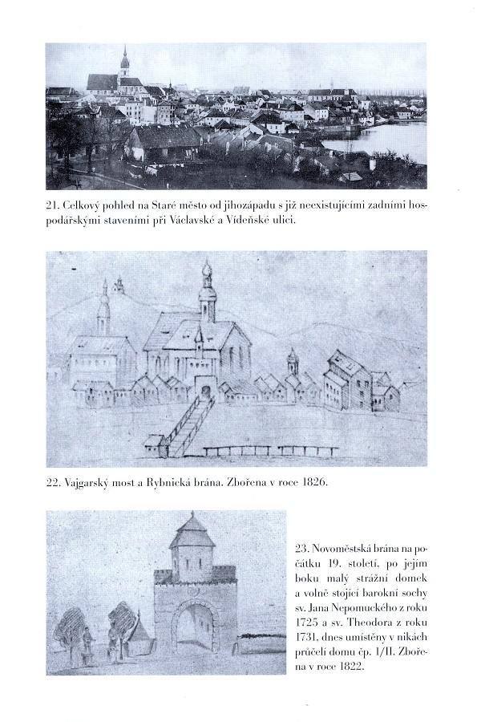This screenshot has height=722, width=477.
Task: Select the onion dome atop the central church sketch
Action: pos(207,271)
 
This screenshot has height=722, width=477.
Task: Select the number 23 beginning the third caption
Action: pos(301,550)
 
